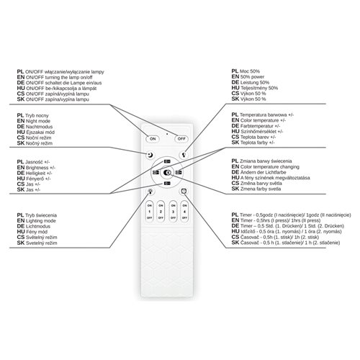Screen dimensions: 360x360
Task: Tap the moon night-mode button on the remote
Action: point(150,154)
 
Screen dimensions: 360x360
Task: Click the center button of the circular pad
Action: point(167,173)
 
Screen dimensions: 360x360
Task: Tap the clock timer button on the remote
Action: point(184,192)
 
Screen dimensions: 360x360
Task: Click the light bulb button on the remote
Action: point(150,192)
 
